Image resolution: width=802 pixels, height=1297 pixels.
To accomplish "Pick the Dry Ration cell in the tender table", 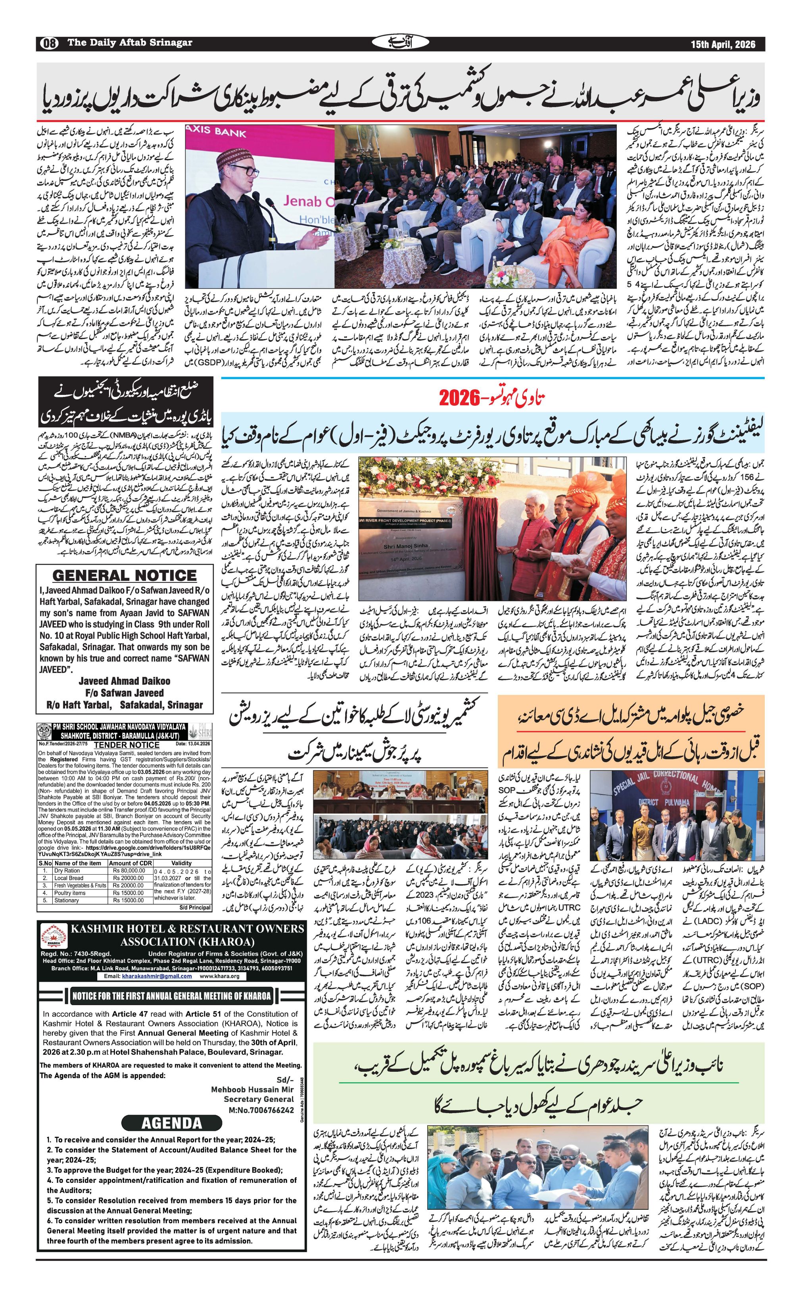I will [x=67, y=871].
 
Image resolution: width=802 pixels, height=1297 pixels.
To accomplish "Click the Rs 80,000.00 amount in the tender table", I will [x=129, y=871].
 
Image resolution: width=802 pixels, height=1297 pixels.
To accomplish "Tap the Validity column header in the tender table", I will [x=182, y=863].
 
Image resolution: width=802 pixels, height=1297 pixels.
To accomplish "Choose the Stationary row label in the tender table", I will [x=66, y=900].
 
